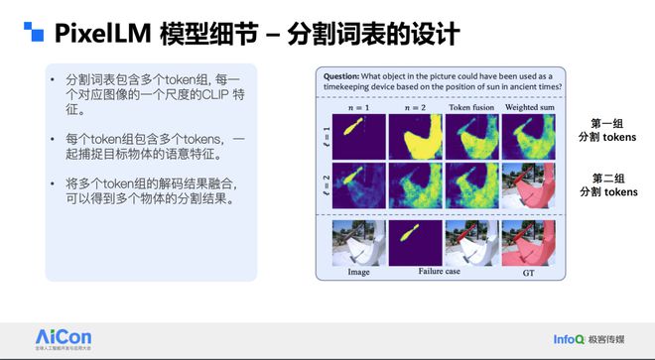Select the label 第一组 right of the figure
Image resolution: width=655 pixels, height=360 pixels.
click(x=606, y=122)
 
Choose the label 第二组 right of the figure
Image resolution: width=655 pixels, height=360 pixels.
click(x=606, y=179)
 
